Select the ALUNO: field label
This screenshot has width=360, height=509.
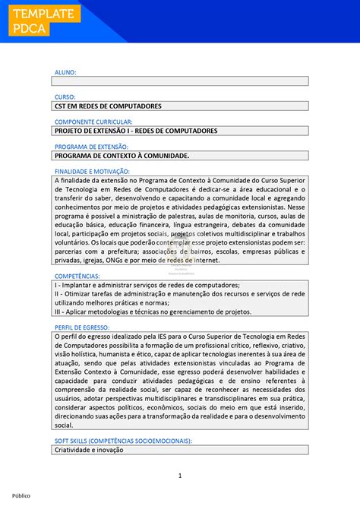point(65,72)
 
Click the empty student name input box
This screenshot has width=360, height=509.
point(180,81)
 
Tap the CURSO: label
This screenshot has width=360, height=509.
point(65,97)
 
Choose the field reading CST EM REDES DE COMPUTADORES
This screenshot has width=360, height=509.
point(108,106)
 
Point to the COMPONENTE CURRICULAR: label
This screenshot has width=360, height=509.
point(93,122)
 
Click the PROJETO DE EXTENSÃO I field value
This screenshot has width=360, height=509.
point(136,131)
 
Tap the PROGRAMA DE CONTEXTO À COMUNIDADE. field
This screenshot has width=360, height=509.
point(122,155)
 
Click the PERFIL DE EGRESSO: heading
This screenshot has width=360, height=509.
point(84,327)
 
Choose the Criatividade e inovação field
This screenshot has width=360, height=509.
point(90,450)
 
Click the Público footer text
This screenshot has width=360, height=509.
point(21,495)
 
